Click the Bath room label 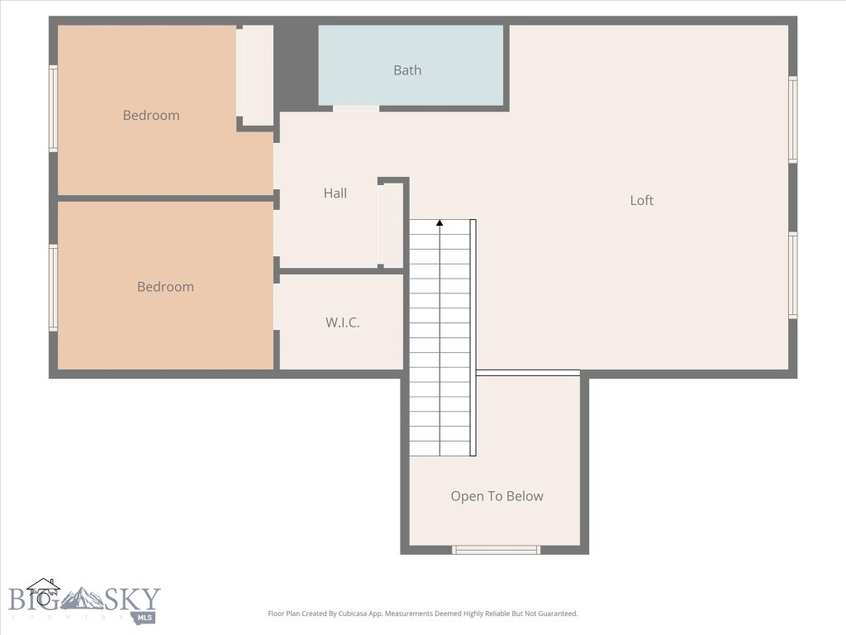407,70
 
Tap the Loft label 642,200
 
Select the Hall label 335,193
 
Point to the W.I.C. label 342,322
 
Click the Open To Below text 497,496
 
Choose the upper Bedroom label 151,116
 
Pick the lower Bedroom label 165,287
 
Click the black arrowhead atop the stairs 440,222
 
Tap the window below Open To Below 496,550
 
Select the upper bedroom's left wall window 54,108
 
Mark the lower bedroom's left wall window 54,288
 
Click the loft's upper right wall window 792,120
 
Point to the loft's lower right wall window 792,275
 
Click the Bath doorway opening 356,108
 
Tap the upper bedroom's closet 256,74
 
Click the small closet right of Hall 392,225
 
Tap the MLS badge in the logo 145,617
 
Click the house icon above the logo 43,590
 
